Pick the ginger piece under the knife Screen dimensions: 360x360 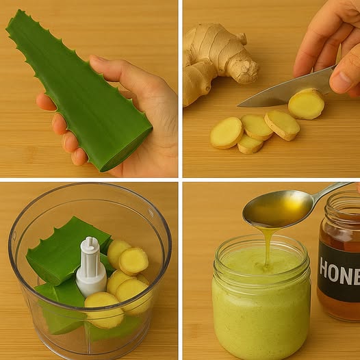tap(306, 104)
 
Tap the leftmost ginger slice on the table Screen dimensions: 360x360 tap(227, 132)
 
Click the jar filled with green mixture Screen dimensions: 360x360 tap(260, 308)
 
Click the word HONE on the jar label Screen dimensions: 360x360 tap(339, 274)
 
